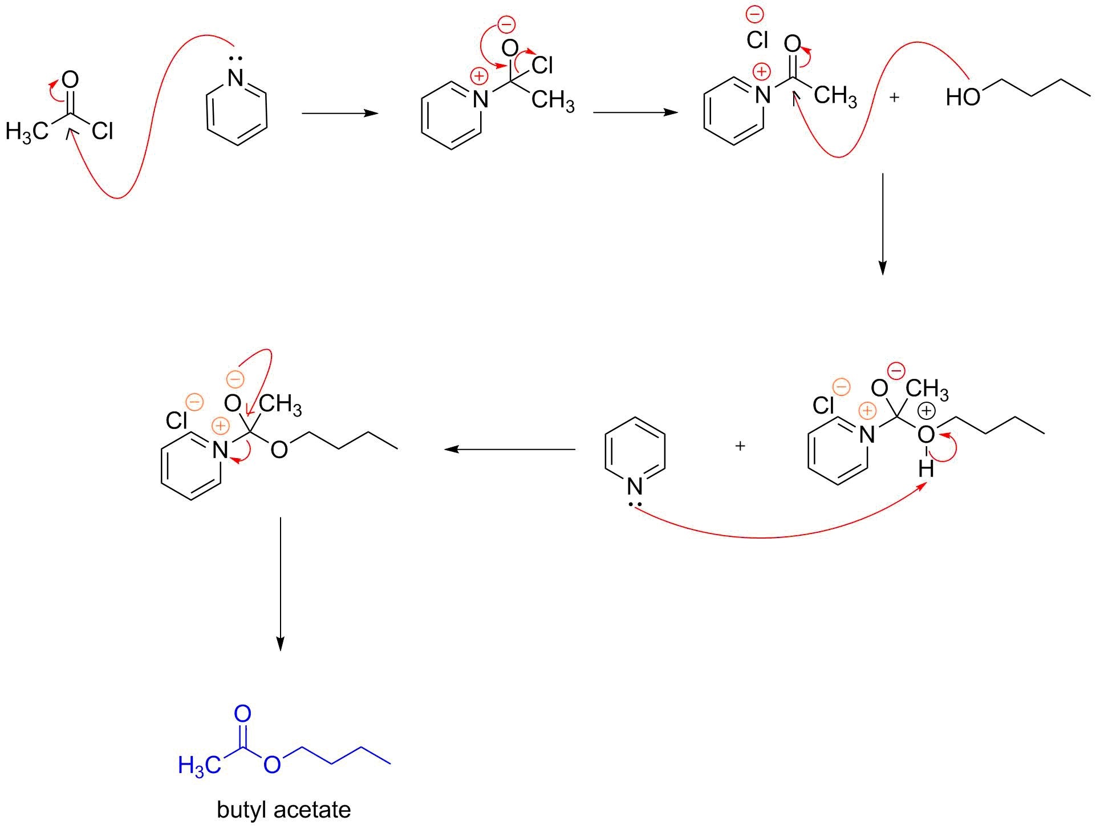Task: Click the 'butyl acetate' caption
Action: (x=283, y=810)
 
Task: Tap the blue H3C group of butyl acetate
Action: (x=199, y=765)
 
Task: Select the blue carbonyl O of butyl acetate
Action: (x=242, y=713)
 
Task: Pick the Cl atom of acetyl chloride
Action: (x=103, y=132)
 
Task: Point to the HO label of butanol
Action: (x=963, y=98)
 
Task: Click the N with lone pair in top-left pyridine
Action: (x=236, y=79)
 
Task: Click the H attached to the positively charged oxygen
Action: (x=926, y=470)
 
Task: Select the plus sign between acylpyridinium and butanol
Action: (x=894, y=98)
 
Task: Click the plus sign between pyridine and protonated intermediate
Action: (x=740, y=446)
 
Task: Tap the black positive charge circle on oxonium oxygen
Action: (x=926, y=411)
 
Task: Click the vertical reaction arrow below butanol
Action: (x=882, y=224)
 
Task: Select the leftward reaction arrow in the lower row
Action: (x=509, y=450)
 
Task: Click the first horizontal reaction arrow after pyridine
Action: (x=340, y=114)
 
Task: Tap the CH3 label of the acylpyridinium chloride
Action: (x=835, y=96)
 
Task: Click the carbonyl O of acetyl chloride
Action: (x=70, y=80)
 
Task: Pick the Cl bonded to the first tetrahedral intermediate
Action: (x=542, y=66)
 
